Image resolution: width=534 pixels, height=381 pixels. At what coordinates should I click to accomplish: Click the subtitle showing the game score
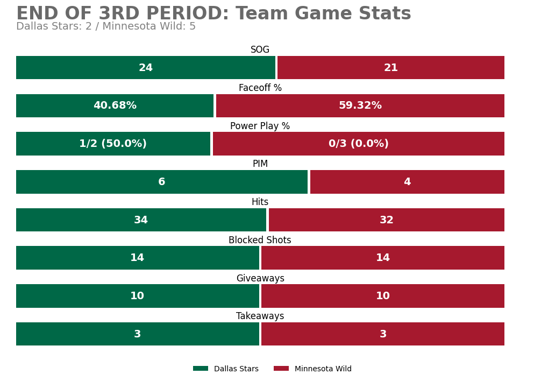[106, 26]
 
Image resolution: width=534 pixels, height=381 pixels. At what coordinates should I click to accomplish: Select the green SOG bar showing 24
[145, 67]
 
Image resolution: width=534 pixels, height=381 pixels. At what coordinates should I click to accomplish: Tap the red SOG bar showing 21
[390, 67]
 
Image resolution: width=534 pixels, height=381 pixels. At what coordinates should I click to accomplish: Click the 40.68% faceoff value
[115, 105]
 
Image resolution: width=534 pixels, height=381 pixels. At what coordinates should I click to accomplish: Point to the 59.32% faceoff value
[360, 105]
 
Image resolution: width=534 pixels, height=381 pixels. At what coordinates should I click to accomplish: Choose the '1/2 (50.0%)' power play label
[113, 144]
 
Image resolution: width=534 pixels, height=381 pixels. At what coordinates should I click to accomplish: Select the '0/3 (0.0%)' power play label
[358, 144]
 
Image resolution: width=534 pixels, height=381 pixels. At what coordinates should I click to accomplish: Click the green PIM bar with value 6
[162, 182]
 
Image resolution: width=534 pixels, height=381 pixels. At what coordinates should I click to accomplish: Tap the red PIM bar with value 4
[407, 182]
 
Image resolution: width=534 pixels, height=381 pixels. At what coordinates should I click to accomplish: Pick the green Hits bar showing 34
[141, 220]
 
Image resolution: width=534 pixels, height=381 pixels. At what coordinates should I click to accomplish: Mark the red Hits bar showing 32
[387, 220]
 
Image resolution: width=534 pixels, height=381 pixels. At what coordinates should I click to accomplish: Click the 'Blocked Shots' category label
[260, 240]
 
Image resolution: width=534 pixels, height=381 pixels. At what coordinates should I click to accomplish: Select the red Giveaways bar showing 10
[383, 296]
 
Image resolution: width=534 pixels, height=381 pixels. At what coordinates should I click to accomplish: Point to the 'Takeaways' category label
[260, 316]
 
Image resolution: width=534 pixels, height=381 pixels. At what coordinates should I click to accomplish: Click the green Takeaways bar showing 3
[138, 334]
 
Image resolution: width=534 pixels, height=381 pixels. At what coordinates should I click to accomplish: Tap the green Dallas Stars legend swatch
[201, 369]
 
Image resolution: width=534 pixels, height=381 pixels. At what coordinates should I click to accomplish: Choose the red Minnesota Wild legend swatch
[281, 369]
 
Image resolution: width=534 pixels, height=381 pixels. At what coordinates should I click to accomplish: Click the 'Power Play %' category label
[260, 126]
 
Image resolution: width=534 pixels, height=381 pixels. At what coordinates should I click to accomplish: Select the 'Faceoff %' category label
[260, 88]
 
